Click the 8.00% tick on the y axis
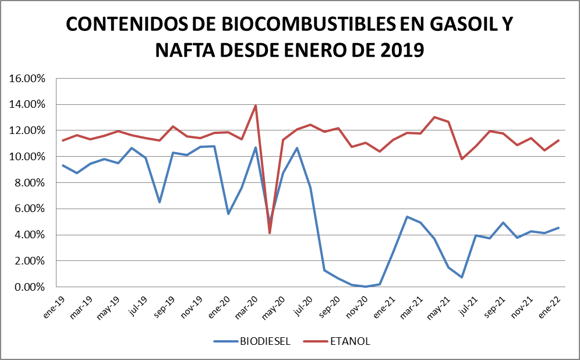point(29,183)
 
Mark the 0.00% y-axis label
point(29,287)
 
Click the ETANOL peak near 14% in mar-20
point(255,105)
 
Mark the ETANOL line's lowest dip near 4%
point(269,233)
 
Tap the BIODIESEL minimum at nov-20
point(365,287)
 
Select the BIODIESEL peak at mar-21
point(406,217)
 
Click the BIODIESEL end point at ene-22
point(558,228)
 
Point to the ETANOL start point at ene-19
point(63,140)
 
